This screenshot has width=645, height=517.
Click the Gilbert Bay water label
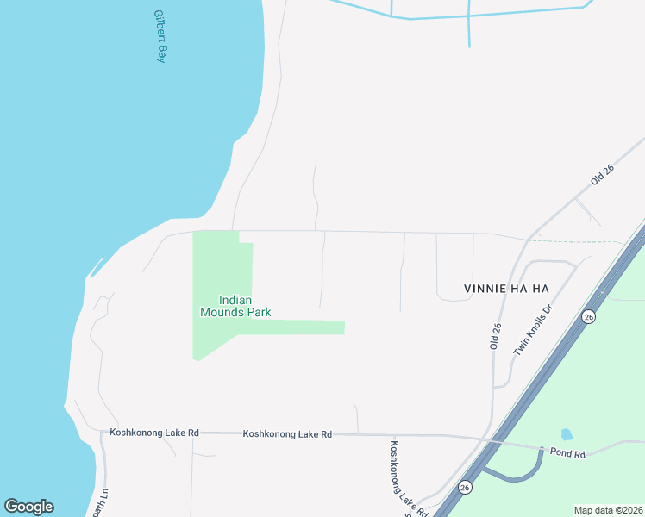[159, 36]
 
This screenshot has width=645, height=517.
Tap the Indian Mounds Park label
[235, 306]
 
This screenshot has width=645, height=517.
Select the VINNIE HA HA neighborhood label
[506, 289]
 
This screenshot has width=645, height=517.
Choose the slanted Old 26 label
[602, 177]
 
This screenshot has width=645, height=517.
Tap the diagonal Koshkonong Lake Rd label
[408, 478]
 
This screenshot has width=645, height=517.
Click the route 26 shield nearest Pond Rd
[465, 487]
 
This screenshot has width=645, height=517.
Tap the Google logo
[28, 507]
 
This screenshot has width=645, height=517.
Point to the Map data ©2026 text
[607, 510]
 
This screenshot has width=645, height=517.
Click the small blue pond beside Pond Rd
[567, 435]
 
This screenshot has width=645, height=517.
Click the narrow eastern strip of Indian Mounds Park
[302, 327]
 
